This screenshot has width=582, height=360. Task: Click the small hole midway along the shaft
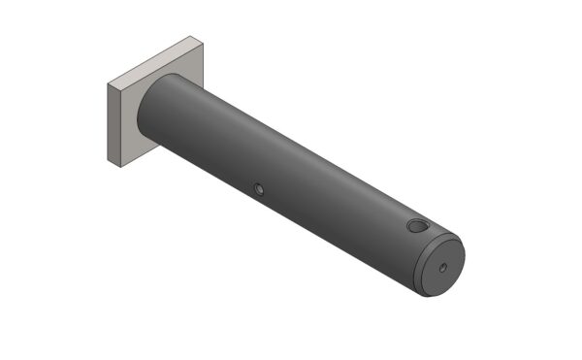coord(258,188)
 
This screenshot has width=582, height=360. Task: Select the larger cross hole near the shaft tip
coord(416,226)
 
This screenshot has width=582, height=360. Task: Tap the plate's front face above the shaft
coord(179,68)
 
